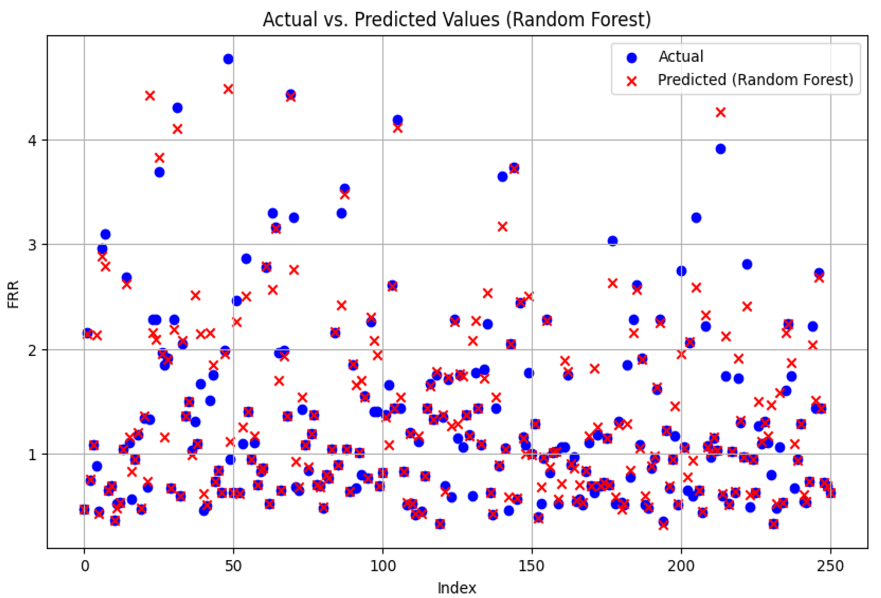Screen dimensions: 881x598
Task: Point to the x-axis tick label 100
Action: (x=382, y=566)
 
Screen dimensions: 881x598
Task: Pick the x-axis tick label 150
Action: (x=532, y=566)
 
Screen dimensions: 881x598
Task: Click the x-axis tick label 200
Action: (x=681, y=566)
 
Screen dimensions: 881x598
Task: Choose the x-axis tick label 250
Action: (x=830, y=566)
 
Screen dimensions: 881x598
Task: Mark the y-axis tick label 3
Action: (x=33, y=245)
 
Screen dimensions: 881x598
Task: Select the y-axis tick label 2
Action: (x=33, y=350)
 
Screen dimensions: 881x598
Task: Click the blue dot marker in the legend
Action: (x=631, y=57)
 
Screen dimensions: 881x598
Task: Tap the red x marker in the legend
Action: (x=631, y=81)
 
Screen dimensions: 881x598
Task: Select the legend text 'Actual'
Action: (x=681, y=57)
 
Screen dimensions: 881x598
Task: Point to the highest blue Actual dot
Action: (x=228, y=59)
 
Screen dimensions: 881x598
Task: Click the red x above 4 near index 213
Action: (x=720, y=112)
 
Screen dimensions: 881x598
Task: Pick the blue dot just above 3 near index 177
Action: (x=613, y=241)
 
